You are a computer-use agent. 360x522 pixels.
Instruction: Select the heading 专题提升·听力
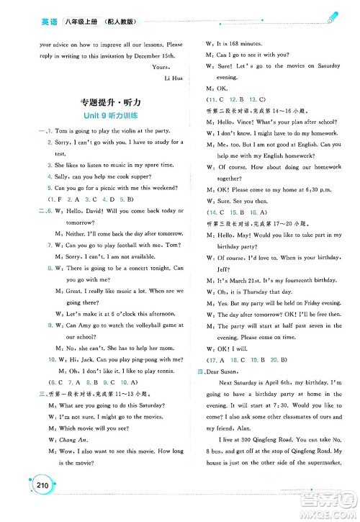point(100,101)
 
